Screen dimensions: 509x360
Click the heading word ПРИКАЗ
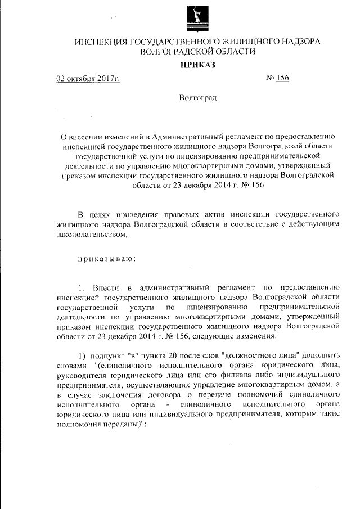(197, 65)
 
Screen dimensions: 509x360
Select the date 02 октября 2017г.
(88, 78)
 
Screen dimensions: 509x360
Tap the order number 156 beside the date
(282, 78)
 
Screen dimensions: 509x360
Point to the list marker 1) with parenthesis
(82, 357)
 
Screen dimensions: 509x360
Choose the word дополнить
(322, 357)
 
